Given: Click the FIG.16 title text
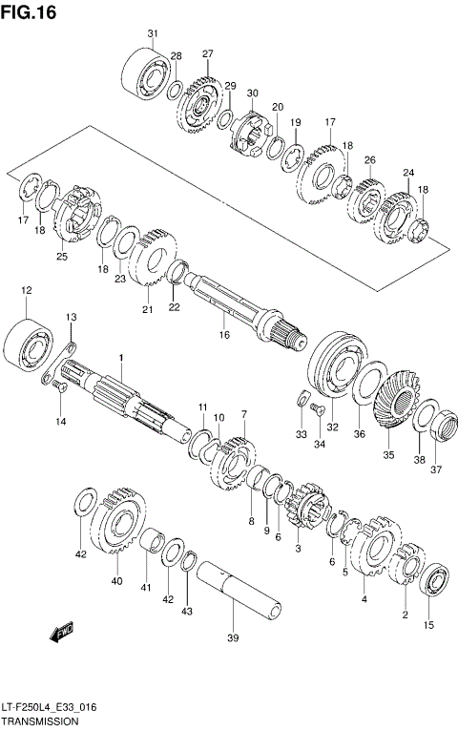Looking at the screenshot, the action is coord(29,12).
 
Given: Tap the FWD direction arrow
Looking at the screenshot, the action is coord(61,633).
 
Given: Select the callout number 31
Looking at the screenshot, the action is coord(153,33).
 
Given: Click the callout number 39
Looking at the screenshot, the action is coord(233,637).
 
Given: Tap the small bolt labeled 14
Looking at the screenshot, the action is coord(58,386).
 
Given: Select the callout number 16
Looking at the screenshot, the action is coord(224,334).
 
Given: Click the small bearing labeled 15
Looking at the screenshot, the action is coord(433,579).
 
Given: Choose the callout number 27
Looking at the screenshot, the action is coord(207,54).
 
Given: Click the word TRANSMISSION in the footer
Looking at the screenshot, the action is coord(39,721).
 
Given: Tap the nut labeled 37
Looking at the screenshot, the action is coord(444,425).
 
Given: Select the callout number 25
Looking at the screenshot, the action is coord(62,256).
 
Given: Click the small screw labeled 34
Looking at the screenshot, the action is coord(319,408).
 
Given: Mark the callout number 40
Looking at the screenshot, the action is coord(116,580).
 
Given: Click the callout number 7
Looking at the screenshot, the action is coord(244,414).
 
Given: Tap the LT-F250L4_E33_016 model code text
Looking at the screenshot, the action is coord(49,708).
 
